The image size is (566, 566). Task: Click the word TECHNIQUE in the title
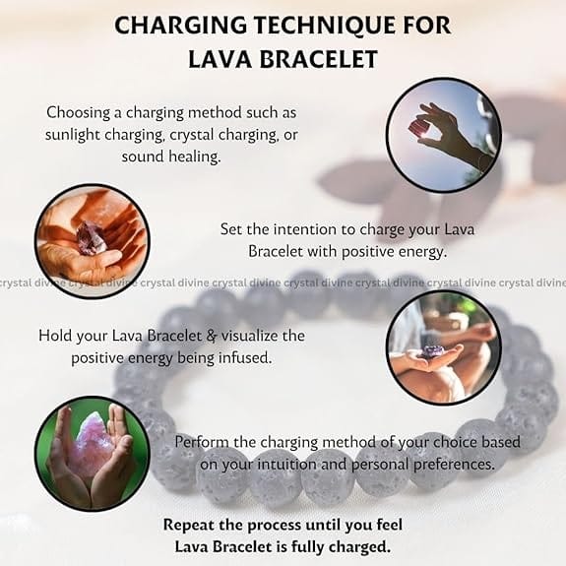[x=316, y=26]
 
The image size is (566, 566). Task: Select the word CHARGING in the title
[x=180, y=26]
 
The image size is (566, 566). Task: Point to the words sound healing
[x=170, y=157]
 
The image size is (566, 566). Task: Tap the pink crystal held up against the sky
[x=418, y=129]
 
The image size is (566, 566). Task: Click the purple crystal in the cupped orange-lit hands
[x=93, y=237]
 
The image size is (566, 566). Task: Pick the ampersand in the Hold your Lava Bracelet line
[x=212, y=336]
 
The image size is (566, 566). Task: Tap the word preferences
[x=454, y=465]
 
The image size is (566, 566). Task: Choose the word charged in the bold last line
[x=363, y=547]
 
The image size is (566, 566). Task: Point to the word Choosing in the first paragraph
[x=79, y=112]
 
